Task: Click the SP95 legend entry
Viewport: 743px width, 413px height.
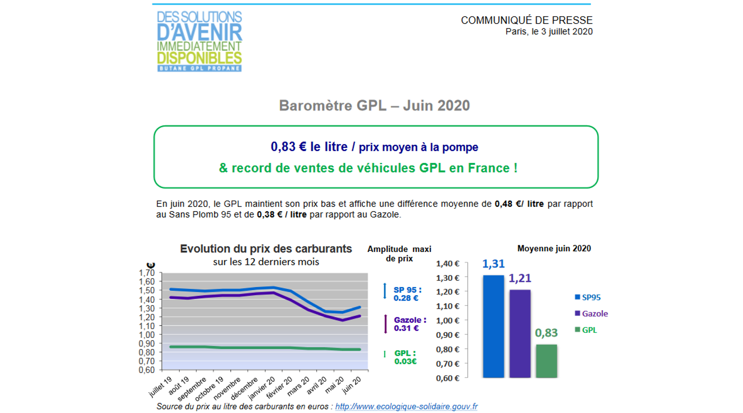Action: coord(588,298)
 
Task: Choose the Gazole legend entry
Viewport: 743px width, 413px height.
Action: coord(591,314)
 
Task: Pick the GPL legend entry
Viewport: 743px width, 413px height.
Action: coord(586,330)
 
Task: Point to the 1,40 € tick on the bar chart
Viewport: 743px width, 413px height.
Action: coord(448,263)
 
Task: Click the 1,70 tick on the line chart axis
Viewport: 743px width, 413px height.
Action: coord(147,273)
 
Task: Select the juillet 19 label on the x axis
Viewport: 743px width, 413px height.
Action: coord(161,387)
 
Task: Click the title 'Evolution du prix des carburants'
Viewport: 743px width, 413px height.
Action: coord(266,249)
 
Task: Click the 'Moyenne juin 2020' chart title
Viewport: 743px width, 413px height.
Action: coord(554,249)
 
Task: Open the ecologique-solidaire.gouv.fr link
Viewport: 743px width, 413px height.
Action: coord(406,407)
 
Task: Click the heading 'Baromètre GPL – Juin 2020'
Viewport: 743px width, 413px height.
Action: coord(374,106)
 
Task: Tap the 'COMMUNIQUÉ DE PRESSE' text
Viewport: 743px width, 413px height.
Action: coord(526,20)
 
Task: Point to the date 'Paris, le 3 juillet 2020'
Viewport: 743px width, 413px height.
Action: coord(549,32)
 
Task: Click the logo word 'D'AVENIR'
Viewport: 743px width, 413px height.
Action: coord(199,33)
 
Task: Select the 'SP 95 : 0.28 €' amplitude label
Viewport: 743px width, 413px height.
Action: coord(407,294)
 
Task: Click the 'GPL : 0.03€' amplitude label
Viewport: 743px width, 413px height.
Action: coord(405,357)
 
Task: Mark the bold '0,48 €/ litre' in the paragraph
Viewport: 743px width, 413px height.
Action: coord(519,204)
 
